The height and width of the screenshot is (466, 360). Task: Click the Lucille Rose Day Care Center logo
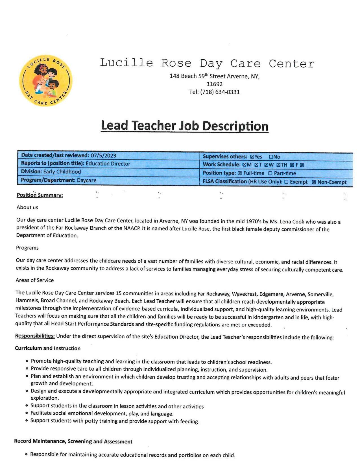click(46, 80)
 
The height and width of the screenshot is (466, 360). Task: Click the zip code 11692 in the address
click(214, 84)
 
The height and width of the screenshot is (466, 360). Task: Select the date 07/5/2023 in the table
click(103, 155)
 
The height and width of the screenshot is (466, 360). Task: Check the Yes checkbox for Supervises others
click(252, 157)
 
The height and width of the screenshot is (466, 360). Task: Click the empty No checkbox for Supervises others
click(271, 157)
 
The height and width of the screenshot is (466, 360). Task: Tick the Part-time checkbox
click(270, 173)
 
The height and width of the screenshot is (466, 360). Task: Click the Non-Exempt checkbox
click(314, 182)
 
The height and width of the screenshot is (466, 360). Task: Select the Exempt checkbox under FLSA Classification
click(286, 182)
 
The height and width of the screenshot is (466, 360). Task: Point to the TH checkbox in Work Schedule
click(278, 165)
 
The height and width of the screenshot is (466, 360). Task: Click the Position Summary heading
click(40, 195)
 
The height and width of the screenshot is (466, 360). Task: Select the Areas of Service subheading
click(35, 280)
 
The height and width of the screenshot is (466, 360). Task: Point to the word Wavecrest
click(244, 294)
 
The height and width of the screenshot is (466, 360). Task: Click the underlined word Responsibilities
click(35, 336)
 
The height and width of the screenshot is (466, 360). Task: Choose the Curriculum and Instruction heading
click(48, 348)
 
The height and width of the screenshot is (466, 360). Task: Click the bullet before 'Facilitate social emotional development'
click(27, 413)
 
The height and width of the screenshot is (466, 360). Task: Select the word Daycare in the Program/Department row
click(87, 180)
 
